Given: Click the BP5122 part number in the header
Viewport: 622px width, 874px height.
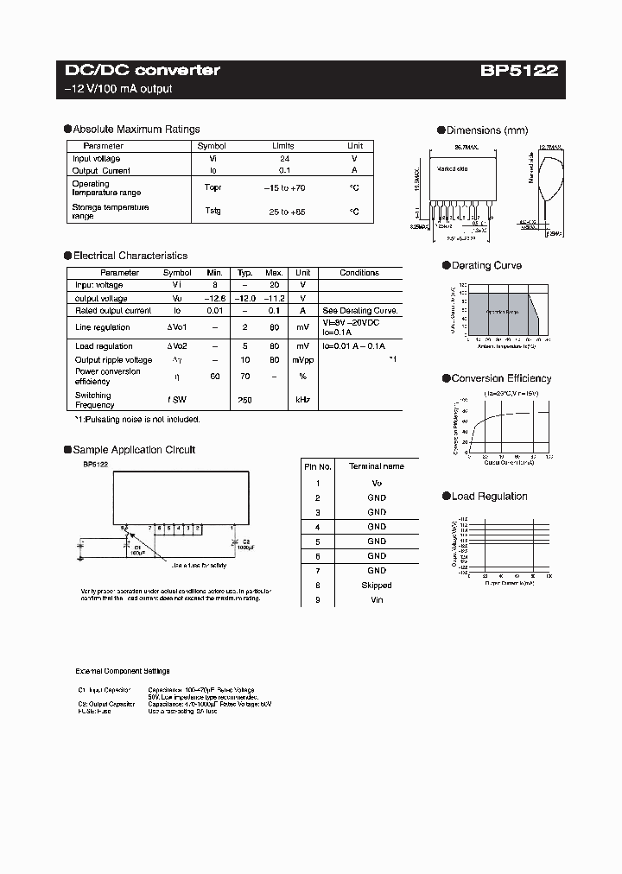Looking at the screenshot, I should [x=519, y=71].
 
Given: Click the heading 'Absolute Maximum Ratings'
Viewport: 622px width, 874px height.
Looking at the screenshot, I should [x=136, y=130].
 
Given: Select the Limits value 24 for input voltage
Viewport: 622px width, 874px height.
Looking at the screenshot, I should [x=283, y=159].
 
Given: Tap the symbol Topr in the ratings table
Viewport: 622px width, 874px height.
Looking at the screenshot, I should [x=212, y=187].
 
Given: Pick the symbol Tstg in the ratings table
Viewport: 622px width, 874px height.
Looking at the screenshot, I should [x=212, y=211].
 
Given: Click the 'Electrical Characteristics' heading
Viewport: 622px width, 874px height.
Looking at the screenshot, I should [x=130, y=256].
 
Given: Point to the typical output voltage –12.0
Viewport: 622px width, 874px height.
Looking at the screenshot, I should [x=245, y=298].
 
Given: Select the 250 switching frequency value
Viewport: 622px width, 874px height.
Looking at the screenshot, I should [x=245, y=400].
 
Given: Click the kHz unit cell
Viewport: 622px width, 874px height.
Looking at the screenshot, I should [x=302, y=400].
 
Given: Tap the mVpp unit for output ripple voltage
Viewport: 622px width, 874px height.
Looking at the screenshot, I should [x=302, y=359].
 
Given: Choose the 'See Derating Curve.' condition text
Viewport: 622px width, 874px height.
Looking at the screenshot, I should [x=359, y=311].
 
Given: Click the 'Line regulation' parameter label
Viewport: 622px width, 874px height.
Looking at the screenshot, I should [x=103, y=327].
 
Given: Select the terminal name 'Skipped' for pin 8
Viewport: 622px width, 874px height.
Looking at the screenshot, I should [x=377, y=586].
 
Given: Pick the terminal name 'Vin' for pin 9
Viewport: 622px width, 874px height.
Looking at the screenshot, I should [x=377, y=599].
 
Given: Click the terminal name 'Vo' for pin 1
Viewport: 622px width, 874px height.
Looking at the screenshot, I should [x=377, y=484].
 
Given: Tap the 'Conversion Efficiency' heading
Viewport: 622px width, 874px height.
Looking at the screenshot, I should [x=501, y=378].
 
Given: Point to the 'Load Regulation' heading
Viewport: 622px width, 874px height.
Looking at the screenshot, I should [x=489, y=497].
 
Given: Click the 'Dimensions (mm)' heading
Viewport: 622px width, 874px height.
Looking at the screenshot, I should [x=486, y=130].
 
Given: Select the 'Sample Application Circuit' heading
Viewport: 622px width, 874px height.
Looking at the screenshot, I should [x=134, y=450].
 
